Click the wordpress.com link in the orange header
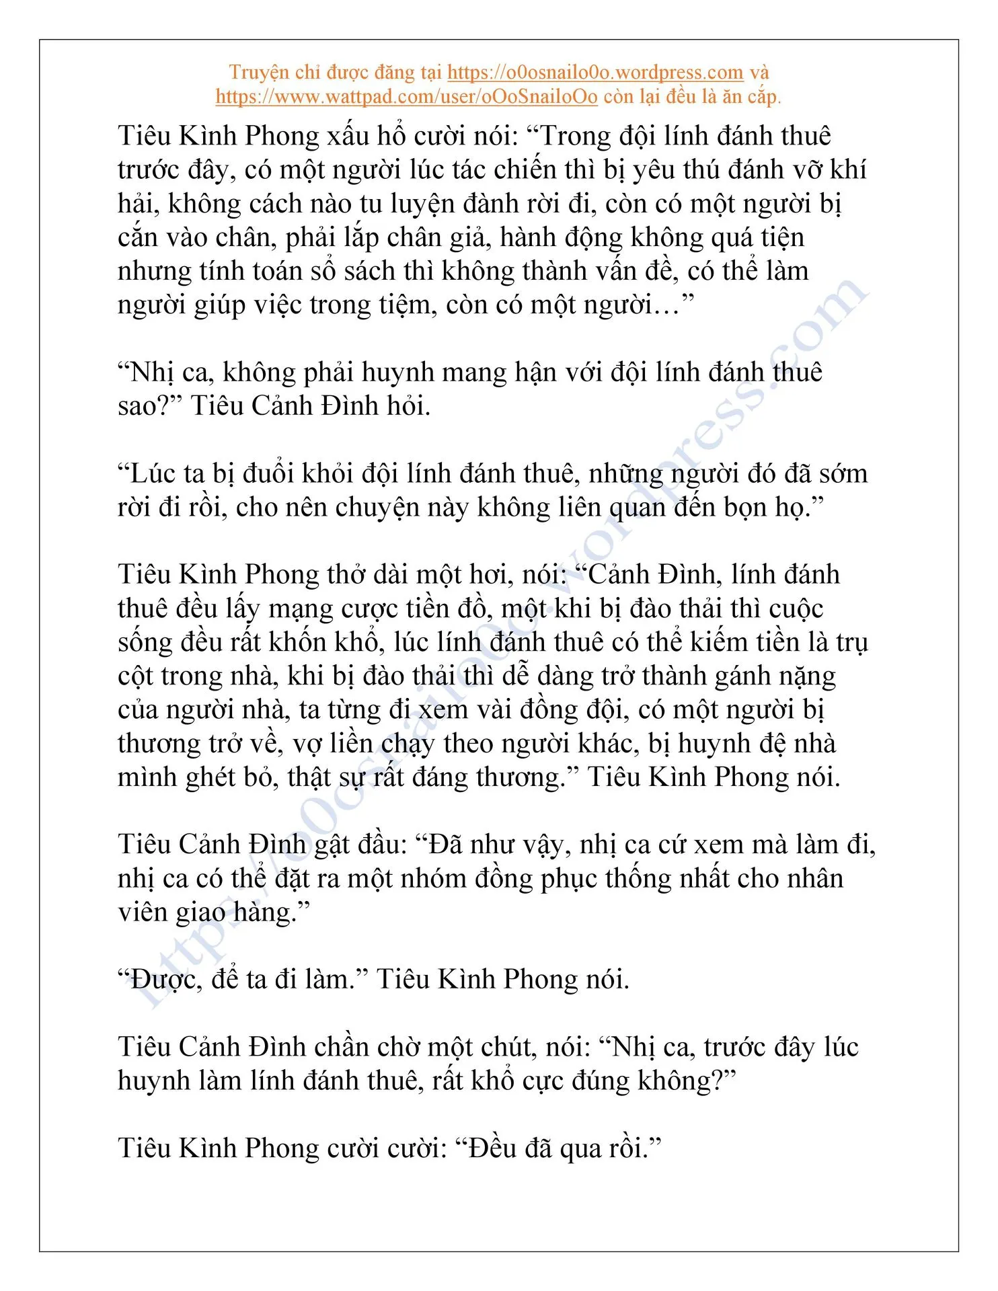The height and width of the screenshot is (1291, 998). coord(594,72)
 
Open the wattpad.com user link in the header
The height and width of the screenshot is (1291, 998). coord(406,97)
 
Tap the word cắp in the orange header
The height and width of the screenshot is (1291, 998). coord(761,97)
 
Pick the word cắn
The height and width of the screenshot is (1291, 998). coord(137,238)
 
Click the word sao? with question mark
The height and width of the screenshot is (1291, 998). coord(149,407)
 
